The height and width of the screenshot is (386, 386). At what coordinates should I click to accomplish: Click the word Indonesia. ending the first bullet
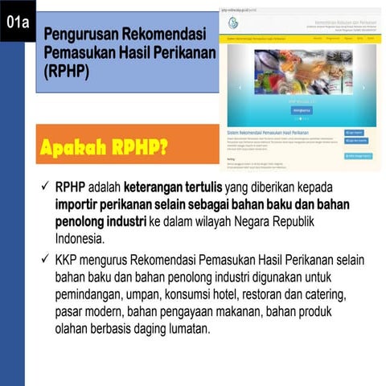click(80, 239)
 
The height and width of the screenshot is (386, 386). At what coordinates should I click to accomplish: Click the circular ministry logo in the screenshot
click(233, 23)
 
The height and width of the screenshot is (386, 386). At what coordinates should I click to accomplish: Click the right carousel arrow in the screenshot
click(364, 88)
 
